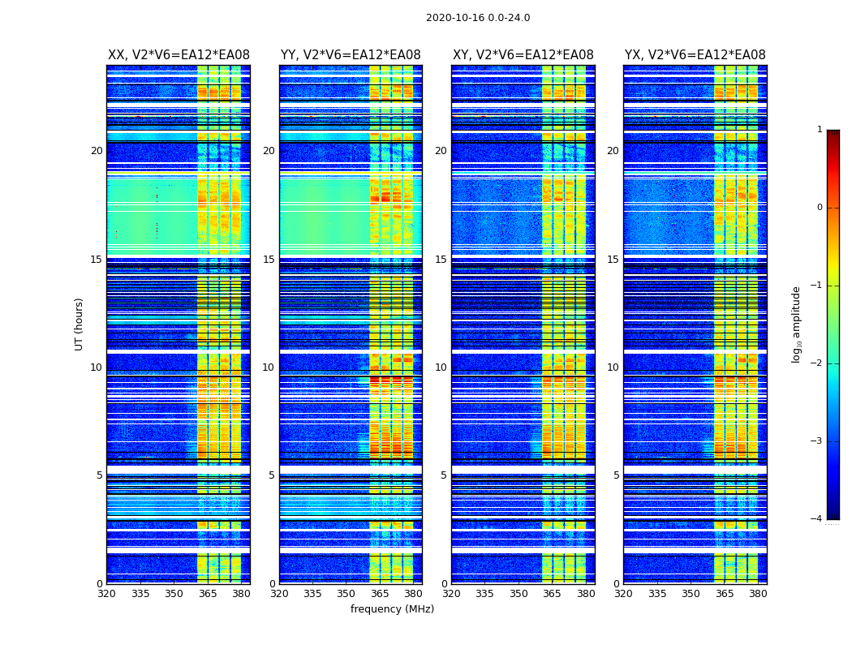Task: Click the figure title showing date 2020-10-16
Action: [x=478, y=18]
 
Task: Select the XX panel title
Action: [x=179, y=55]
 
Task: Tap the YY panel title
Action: [x=351, y=55]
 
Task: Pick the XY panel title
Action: [x=523, y=55]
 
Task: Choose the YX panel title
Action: [x=695, y=55]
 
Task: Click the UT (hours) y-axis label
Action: [x=80, y=324]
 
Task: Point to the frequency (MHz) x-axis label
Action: [x=392, y=609]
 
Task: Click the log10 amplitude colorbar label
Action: [x=797, y=324]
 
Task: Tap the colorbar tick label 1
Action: [x=820, y=130]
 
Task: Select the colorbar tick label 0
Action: [x=820, y=208]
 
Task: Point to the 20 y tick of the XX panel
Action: [x=97, y=151]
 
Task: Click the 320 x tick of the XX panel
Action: [x=106, y=594]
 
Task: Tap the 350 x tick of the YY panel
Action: [x=346, y=594]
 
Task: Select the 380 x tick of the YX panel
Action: [x=758, y=594]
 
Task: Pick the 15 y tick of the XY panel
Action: [x=441, y=260]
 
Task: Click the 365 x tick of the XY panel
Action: [x=552, y=594]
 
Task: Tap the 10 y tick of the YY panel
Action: [x=269, y=367]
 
